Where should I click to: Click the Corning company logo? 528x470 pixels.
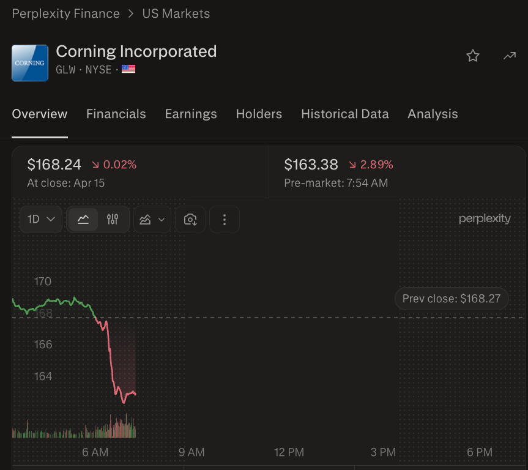(30, 63)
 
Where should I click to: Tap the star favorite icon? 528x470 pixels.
(473, 56)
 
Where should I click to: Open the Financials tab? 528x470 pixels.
(116, 114)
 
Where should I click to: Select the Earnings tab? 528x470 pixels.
(191, 114)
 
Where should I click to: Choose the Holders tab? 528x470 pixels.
(259, 114)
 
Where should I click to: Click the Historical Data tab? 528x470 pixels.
(345, 114)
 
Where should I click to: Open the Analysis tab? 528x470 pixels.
(433, 114)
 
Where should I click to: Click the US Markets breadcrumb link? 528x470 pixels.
(176, 14)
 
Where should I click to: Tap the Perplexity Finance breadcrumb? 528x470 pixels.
(65, 14)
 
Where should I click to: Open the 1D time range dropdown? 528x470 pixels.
(41, 219)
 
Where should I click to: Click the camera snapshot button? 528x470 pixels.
(190, 219)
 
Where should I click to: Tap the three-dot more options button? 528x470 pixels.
(225, 219)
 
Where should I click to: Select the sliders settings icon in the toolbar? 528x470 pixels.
(113, 219)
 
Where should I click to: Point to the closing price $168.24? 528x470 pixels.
(54, 165)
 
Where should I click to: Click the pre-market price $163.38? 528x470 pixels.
(311, 165)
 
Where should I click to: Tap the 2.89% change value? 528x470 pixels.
(376, 165)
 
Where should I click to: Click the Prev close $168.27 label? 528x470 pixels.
(452, 299)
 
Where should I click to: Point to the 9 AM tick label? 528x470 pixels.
(191, 452)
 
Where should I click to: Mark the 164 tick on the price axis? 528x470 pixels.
(43, 376)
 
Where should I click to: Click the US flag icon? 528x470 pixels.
(128, 69)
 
